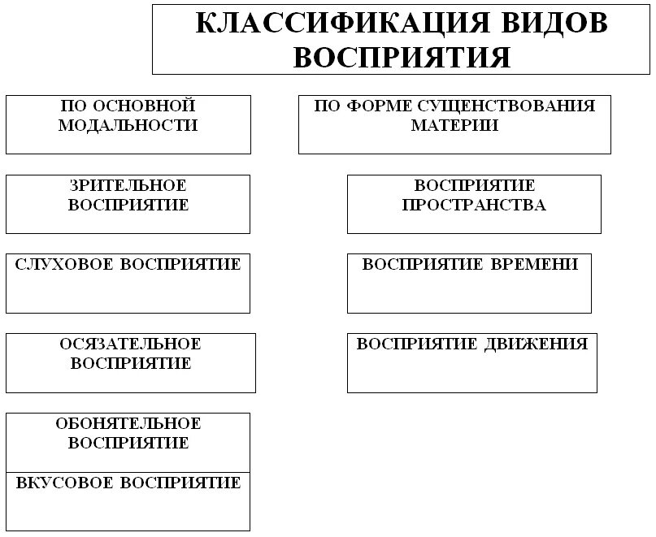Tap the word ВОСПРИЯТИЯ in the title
[402, 57]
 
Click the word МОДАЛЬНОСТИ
[128, 126]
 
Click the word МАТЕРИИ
[454, 126]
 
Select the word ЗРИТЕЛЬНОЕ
[128, 186]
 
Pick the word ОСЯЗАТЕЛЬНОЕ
[130, 344]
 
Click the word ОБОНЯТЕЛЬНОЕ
[128, 424]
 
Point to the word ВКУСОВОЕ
[66, 483]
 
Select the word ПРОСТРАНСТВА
[474, 206]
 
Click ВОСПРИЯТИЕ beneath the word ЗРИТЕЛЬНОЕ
[128, 206]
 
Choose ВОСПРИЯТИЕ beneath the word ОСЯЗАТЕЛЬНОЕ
[130, 364]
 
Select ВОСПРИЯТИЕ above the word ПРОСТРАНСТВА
[475, 186]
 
